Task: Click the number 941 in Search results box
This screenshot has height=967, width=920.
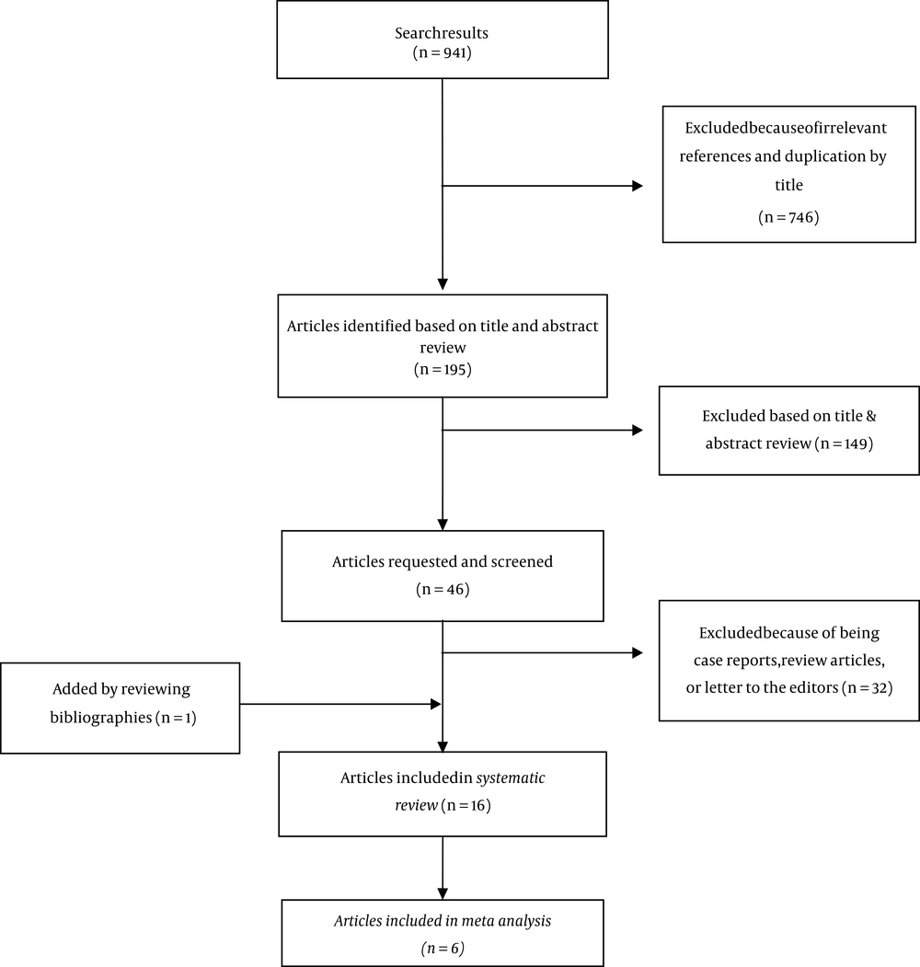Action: click(x=454, y=53)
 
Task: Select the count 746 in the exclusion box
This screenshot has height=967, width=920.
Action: click(x=801, y=218)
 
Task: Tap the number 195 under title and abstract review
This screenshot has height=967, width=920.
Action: click(x=454, y=370)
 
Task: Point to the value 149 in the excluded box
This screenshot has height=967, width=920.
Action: click(x=856, y=444)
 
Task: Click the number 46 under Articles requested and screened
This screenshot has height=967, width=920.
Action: click(x=455, y=590)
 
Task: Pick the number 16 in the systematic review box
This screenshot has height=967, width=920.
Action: click(x=477, y=805)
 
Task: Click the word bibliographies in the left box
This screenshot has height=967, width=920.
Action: click(x=101, y=718)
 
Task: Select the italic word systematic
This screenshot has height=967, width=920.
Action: click(x=511, y=778)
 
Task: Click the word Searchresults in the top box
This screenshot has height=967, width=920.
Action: click(x=442, y=33)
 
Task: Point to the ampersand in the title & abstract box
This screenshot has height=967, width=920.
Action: click(x=870, y=416)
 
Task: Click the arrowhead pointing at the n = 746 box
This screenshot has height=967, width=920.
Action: click(x=638, y=186)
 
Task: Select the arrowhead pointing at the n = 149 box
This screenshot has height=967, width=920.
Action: click(x=638, y=431)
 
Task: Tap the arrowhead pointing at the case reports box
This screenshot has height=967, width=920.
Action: click(x=638, y=652)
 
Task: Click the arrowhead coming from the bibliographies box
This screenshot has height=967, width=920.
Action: click(x=436, y=704)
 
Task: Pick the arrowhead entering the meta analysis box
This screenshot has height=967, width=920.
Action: click(x=443, y=893)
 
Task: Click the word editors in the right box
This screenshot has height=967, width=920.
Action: click(x=814, y=687)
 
